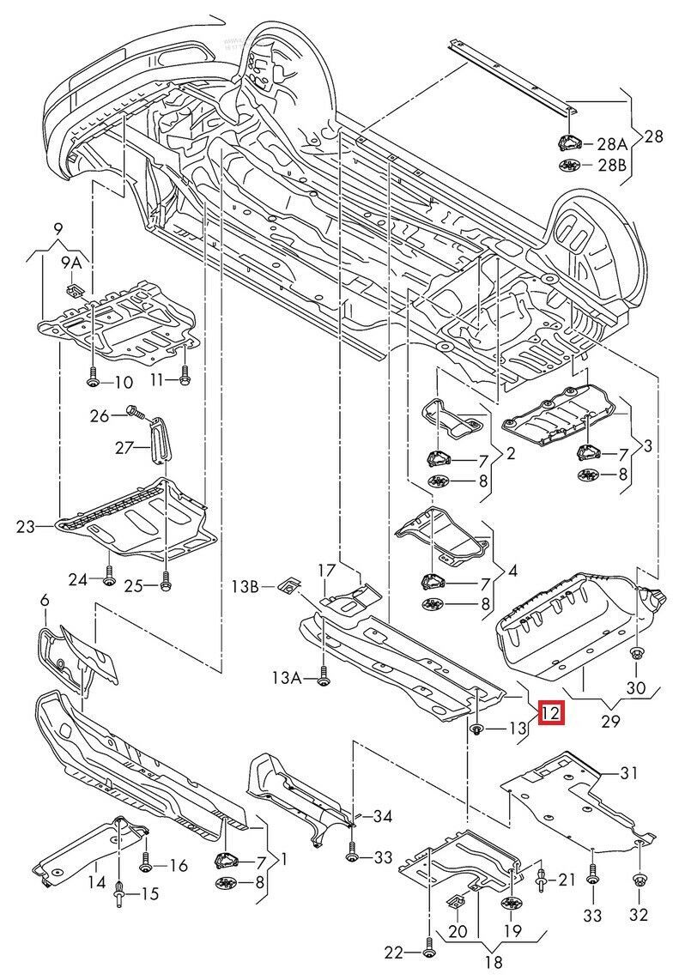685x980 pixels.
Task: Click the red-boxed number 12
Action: (549, 712)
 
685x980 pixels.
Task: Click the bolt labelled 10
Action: (91, 380)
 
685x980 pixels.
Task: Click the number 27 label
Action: (127, 447)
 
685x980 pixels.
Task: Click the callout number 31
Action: (629, 773)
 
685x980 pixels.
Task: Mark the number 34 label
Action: (382, 817)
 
